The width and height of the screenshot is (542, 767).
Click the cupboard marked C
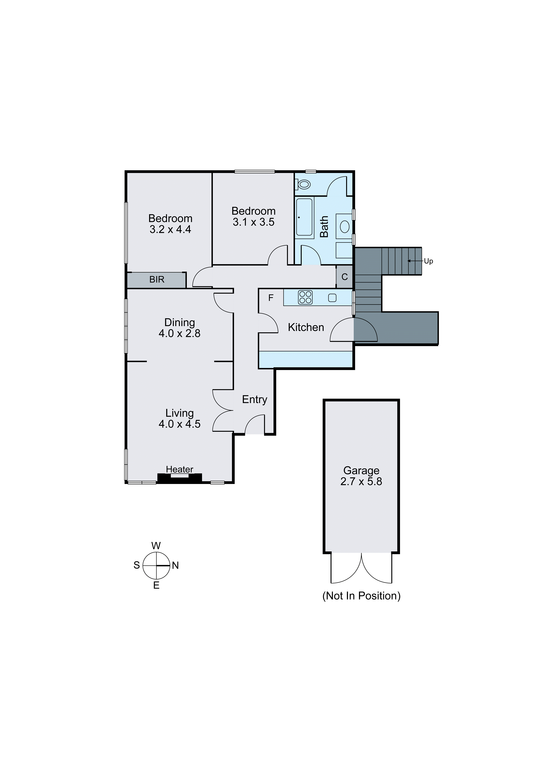pyautogui.click(x=344, y=277)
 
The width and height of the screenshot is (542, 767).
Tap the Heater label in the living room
pyautogui.click(x=180, y=469)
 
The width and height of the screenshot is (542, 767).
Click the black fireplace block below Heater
pyautogui.click(x=180, y=478)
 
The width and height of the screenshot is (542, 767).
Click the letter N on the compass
pyautogui.click(x=176, y=566)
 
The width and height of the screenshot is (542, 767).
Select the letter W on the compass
pyautogui.click(x=156, y=546)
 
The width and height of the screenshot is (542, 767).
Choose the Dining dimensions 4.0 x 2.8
pyautogui.click(x=180, y=333)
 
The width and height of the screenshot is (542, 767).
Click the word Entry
pyautogui.click(x=255, y=400)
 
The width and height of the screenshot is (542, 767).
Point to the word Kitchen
pyautogui.click(x=306, y=327)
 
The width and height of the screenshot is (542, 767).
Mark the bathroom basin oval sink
pyautogui.click(x=344, y=227)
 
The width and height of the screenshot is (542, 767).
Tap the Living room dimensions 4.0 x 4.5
pyautogui.click(x=180, y=424)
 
